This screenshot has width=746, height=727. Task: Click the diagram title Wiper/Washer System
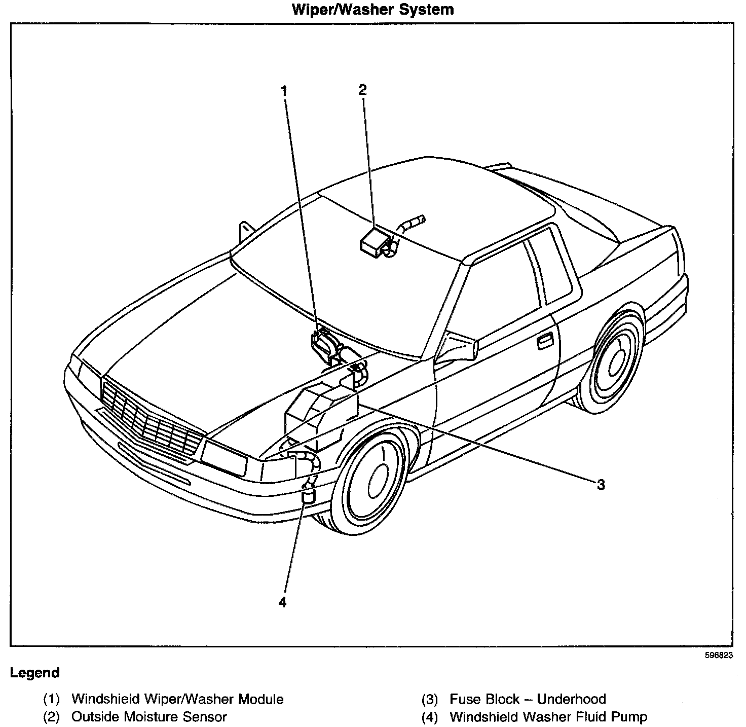coord(372,9)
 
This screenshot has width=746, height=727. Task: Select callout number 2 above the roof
coord(362,90)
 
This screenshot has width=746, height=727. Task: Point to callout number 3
coord(601,485)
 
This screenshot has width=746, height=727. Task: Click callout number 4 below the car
coord(282,602)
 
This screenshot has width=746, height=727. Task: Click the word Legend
coord(34,673)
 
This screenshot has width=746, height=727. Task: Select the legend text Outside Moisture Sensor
coord(149,717)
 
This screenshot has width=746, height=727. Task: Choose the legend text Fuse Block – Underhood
coord(528,700)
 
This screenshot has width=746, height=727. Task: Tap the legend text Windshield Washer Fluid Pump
coord(548,717)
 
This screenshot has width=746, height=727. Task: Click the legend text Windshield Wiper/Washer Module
coord(177,700)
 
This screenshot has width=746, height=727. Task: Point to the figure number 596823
coord(719,655)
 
